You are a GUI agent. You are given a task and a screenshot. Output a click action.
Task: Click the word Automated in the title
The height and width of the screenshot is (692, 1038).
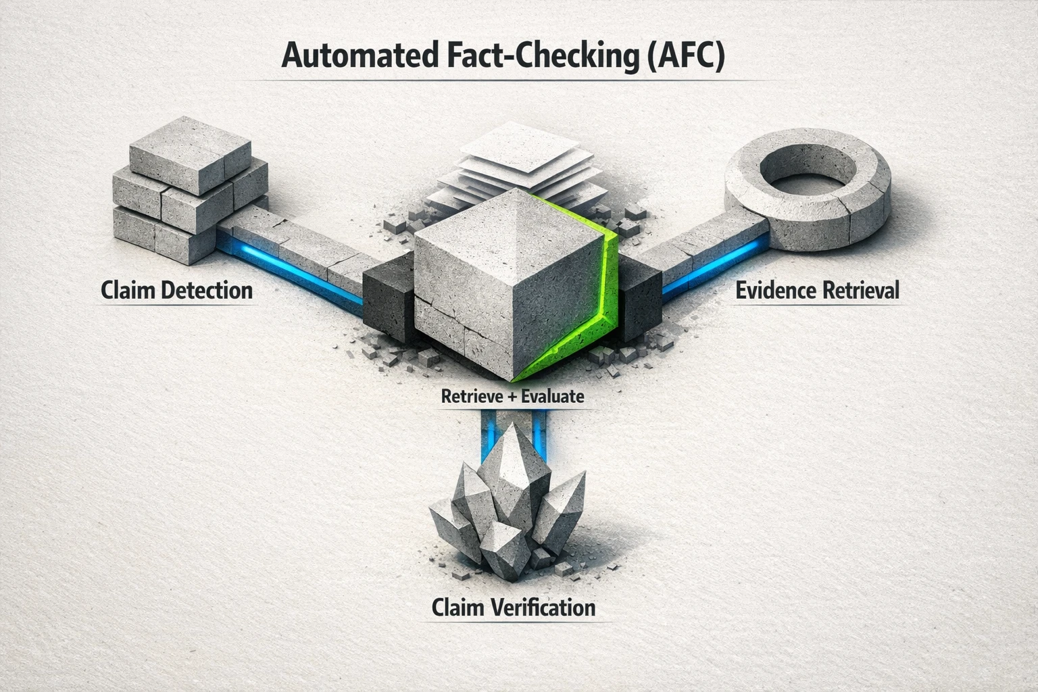click(x=357, y=57)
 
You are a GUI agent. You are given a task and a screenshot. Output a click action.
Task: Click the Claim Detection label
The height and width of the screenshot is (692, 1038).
click(x=176, y=291)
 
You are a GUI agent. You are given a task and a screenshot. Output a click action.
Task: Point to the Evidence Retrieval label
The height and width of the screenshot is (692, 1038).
click(x=817, y=291)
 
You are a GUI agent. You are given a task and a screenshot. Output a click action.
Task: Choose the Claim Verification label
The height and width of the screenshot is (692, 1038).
click(x=514, y=606)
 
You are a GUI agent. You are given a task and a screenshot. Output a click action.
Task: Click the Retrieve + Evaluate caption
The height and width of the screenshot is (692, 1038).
click(x=512, y=396)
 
